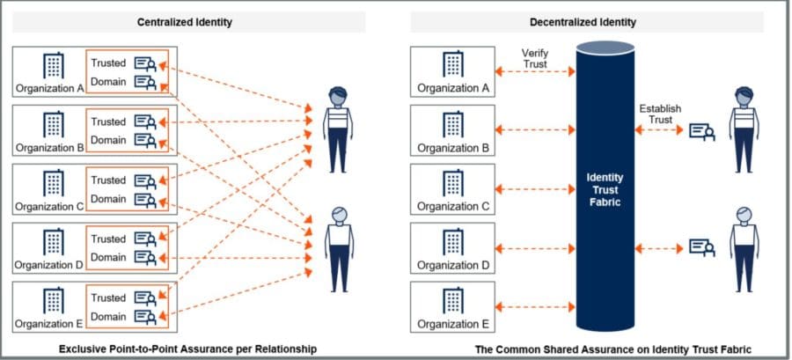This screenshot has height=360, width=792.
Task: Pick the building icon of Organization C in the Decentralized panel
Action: pos(452,182)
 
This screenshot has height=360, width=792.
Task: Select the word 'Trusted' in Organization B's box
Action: pos(108,121)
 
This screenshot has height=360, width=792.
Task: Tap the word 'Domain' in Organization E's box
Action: pos(108,315)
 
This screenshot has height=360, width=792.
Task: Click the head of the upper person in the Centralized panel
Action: pos(337,95)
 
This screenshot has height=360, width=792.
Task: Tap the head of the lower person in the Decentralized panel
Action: pos(744,215)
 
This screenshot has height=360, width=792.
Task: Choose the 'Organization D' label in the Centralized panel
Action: pos(49,264)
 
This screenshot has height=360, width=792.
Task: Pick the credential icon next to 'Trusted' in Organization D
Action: pos(145,239)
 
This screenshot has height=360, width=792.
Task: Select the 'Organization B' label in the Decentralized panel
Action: pos(452,147)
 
